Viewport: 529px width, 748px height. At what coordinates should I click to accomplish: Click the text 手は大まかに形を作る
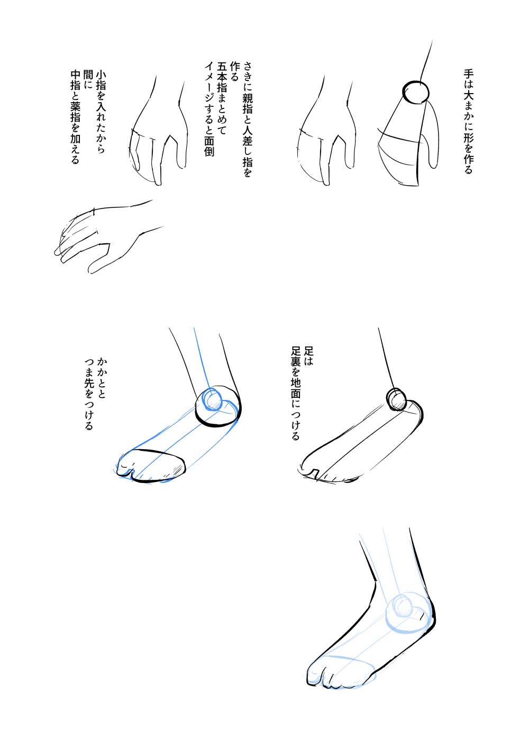click(469, 122)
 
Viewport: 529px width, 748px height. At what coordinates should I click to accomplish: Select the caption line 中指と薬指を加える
click(75, 117)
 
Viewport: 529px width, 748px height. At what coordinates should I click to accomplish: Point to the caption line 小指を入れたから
click(101, 112)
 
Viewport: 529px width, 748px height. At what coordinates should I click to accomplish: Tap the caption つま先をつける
click(89, 395)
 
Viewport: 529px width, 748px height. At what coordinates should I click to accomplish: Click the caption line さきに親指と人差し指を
click(248, 119)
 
